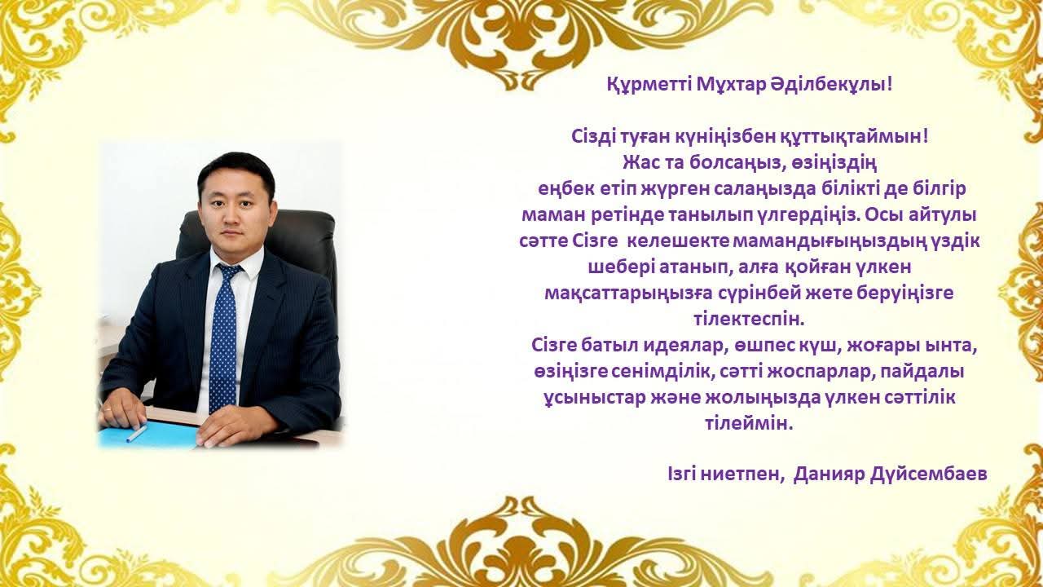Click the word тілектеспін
(x=749, y=320)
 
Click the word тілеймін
(x=749, y=425)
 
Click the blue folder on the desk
(x=149, y=436)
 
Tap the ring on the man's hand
(x=108, y=409)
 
